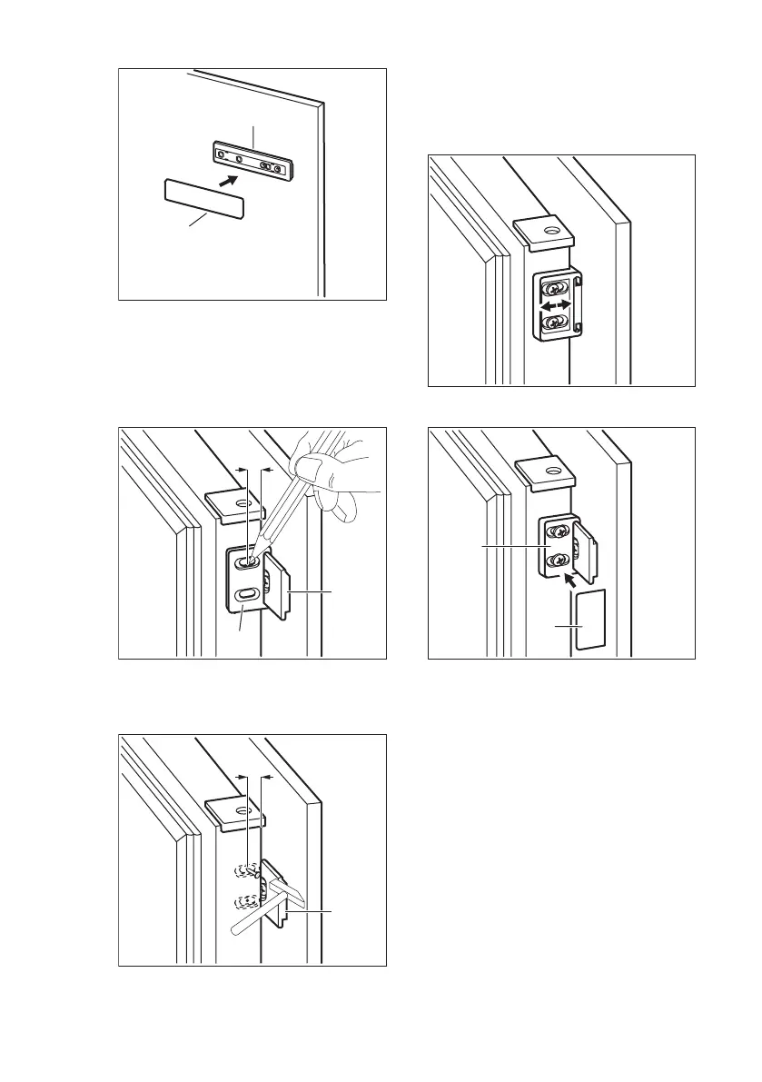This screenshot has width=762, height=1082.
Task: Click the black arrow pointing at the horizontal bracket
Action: point(232,181)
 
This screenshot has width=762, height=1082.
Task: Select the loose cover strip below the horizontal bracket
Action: point(203,199)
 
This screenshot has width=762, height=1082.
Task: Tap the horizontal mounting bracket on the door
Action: point(255,162)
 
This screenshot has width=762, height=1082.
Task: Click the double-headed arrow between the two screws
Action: point(558,308)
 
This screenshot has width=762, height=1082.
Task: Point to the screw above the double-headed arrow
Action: point(553,291)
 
